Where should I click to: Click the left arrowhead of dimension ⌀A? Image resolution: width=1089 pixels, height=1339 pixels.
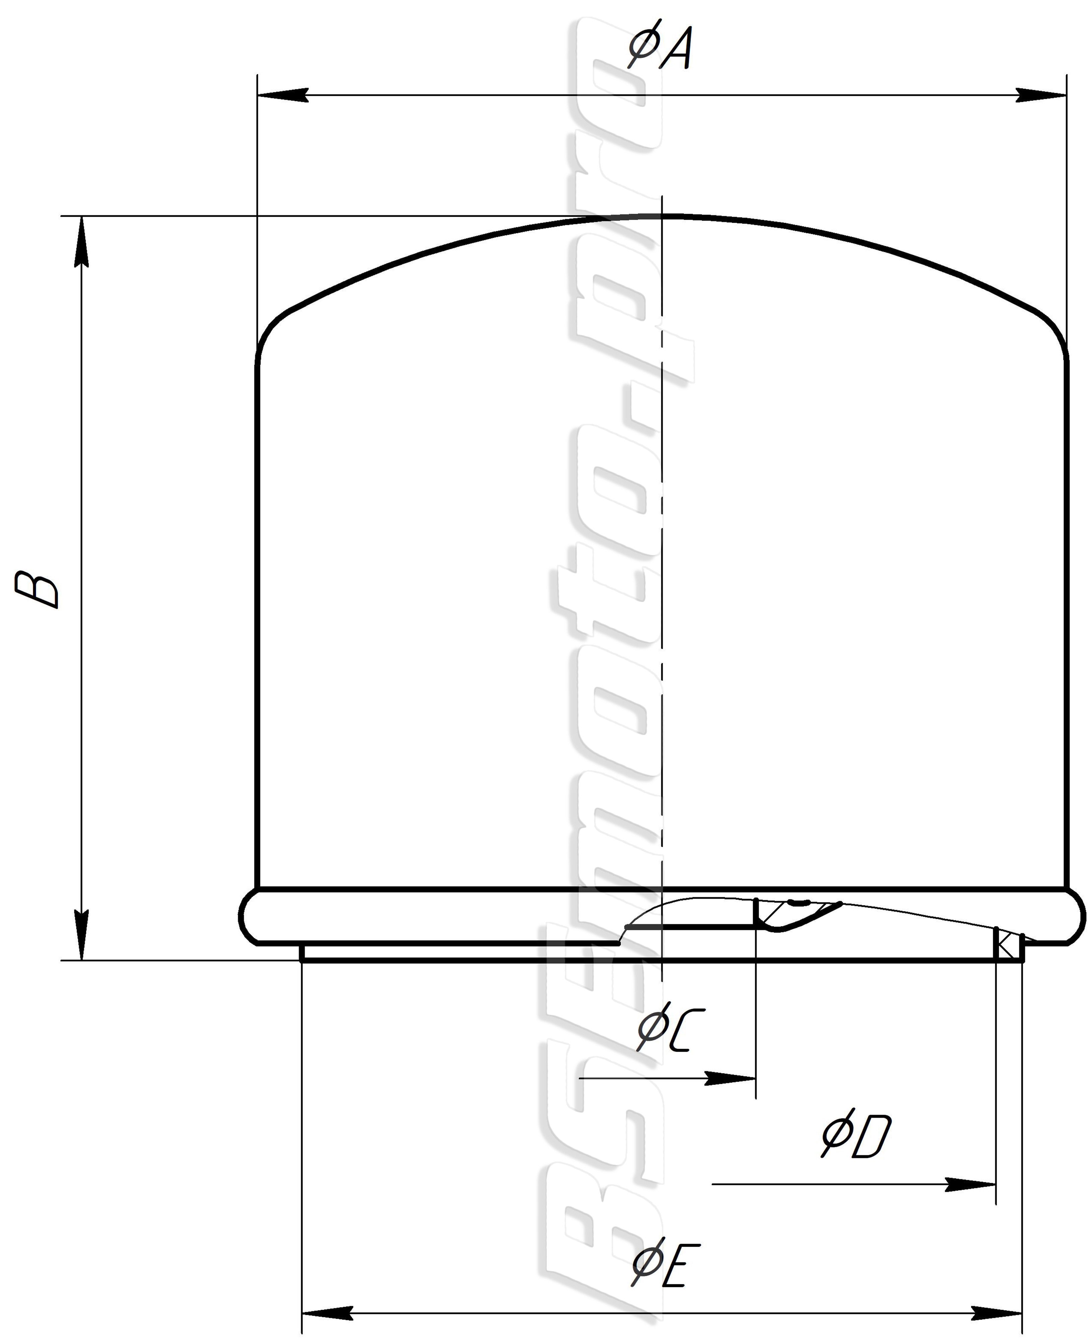(282, 95)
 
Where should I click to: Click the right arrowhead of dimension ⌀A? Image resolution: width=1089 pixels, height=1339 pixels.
(1041, 95)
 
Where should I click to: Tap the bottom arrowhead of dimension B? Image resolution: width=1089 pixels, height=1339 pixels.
(82, 935)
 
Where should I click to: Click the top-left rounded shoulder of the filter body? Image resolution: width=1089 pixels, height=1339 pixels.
(270, 329)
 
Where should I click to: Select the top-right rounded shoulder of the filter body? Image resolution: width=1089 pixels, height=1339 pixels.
(1054, 329)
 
